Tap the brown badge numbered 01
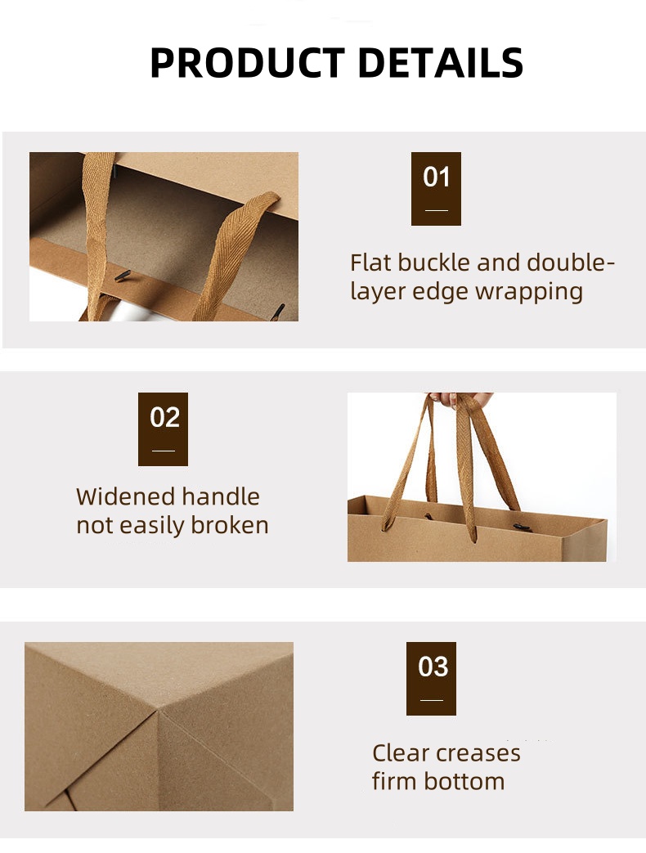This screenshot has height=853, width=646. coord(436,188)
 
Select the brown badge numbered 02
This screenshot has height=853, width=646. coord(163,429)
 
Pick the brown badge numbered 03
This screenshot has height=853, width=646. coord(431,678)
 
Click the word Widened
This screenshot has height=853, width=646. coord(125,496)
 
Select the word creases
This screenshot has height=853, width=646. coord(480,753)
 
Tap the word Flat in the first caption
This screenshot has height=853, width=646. coord(370,263)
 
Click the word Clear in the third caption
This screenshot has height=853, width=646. coord(402,753)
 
